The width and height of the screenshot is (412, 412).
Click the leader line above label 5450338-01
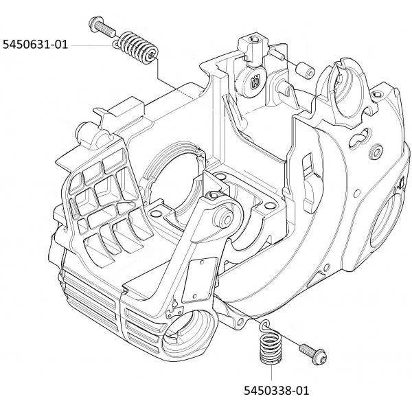271,374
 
